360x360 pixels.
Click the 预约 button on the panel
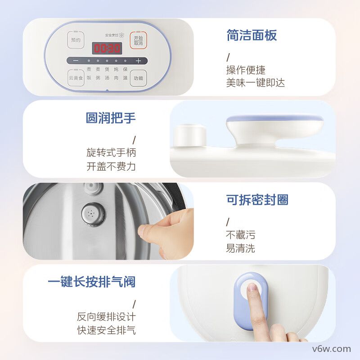tap(75, 40)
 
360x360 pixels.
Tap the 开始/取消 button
tap(138, 40)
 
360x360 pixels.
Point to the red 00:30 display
tap(107, 48)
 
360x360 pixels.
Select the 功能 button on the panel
tap(138, 78)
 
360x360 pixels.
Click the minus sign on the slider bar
tap(76, 61)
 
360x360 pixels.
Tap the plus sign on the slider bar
tap(138, 61)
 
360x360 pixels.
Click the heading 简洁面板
tap(252, 36)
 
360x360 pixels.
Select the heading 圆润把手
tap(111, 118)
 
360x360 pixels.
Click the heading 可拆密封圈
tap(257, 200)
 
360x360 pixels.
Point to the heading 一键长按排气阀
tap(92, 282)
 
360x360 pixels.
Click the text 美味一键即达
tap(255, 83)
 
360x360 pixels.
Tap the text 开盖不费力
tap(111, 166)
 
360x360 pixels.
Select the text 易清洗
tap(240, 248)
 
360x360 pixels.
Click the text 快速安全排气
tap(106, 330)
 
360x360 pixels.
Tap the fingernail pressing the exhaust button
tap(252, 288)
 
